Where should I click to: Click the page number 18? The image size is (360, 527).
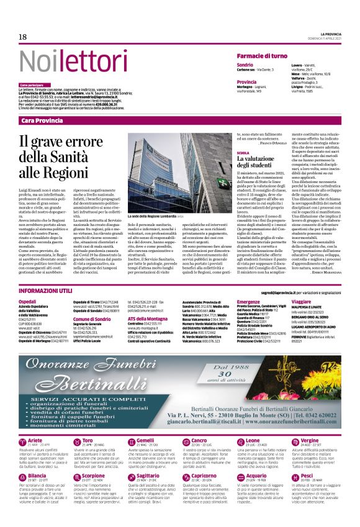click(22, 37)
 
